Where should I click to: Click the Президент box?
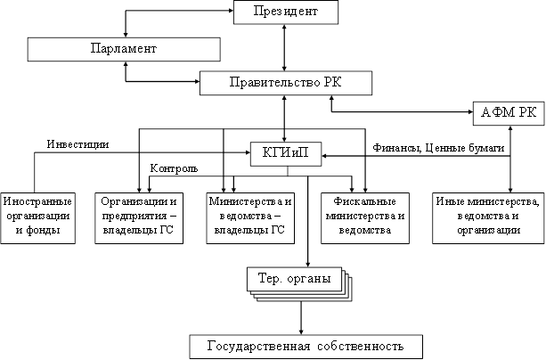(x=286, y=13)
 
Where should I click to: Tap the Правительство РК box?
(x=283, y=85)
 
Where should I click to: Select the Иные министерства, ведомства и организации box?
(x=487, y=217)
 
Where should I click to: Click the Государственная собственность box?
(x=306, y=345)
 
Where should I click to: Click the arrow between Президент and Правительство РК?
(x=284, y=48)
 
